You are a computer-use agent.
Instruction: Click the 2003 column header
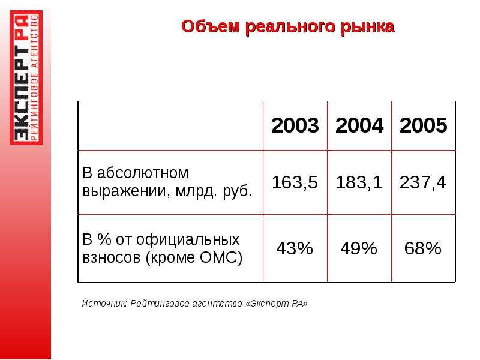[295, 125]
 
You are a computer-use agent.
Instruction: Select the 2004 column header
[359, 125]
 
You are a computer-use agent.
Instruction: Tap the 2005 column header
[424, 125]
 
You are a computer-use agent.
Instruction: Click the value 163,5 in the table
[295, 182]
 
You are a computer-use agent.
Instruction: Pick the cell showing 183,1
[359, 182]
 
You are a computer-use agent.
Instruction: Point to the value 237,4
[423, 182]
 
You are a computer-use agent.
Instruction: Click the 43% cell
[295, 248]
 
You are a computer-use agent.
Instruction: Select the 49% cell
[359, 248]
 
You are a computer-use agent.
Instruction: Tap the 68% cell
[423, 248]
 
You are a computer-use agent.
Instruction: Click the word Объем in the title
[211, 26]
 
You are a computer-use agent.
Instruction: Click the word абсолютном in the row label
[143, 173]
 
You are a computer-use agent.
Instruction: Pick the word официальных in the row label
[188, 239]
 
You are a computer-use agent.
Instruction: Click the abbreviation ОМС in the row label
[218, 257]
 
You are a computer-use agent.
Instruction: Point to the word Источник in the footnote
[104, 304]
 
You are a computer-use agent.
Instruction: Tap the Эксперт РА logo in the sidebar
[26, 77]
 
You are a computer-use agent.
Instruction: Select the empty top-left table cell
[170, 125]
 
